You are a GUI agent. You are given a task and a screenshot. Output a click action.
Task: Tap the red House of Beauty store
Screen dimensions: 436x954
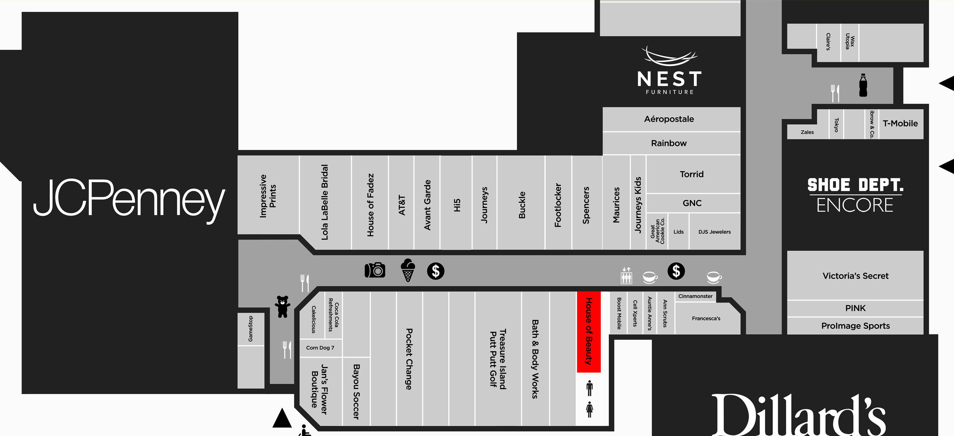[x=588, y=331]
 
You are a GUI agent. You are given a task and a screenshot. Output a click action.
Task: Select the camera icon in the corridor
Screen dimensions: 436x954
[x=375, y=270]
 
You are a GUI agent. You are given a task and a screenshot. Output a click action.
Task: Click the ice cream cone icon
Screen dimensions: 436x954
[x=408, y=270]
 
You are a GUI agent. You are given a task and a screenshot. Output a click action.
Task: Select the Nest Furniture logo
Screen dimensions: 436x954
[x=670, y=70]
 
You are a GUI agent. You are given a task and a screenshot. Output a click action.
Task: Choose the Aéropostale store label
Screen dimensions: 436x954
[x=669, y=119]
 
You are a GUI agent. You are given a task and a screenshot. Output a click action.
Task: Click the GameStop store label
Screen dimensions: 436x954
[x=251, y=329]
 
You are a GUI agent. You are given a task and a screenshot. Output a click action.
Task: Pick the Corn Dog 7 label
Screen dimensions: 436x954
[x=320, y=348]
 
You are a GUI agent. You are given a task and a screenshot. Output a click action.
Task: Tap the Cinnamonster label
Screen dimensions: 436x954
[x=695, y=296]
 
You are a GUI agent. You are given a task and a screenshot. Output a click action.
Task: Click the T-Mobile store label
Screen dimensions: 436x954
[x=900, y=124]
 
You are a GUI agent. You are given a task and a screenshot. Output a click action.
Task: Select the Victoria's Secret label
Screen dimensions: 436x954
[x=855, y=276]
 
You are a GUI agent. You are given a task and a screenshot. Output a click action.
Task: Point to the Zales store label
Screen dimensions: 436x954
[x=807, y=132]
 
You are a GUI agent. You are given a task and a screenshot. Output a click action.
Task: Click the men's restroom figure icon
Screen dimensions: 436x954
[x=590, y=388]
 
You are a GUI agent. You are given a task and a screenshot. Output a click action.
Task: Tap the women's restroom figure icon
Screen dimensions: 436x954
[x=590, y=409]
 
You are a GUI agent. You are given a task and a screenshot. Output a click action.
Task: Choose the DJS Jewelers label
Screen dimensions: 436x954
[x=714, y=232]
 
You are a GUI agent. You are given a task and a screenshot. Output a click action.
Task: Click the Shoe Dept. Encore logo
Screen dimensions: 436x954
[x=855, y=195]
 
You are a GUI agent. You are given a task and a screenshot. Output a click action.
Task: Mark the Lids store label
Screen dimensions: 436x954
[x=679, y=232]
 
